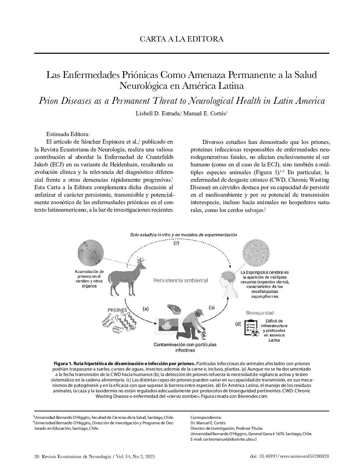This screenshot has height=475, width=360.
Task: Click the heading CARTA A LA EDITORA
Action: click(181, 39)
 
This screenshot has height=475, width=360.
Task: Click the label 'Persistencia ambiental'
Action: click(181, 281)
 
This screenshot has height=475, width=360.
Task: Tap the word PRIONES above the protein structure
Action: click(117, 310)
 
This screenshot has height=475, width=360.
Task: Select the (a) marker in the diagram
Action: click(145, 309)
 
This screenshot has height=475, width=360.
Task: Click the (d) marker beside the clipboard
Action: click(238, 324)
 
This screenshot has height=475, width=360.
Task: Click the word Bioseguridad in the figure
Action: click(260, 313)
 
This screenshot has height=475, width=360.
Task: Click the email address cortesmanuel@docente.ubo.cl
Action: click(223, 439)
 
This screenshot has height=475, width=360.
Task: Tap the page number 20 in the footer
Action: click(37, 457)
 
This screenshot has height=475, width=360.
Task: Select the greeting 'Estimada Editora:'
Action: click(68, 134)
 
